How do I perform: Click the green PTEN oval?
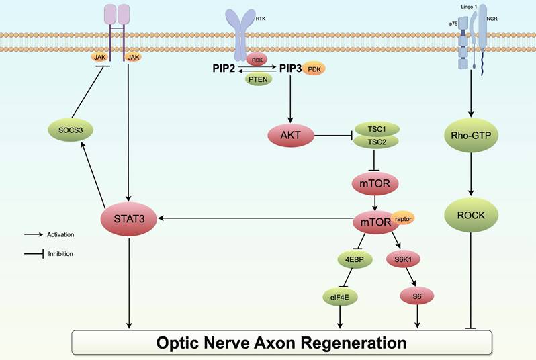point(256,80)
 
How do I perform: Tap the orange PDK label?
point(314,69)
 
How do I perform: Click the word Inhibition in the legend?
point(60,254)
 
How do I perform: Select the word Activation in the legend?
point(60,234)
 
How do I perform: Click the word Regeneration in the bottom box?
point(348,343)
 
